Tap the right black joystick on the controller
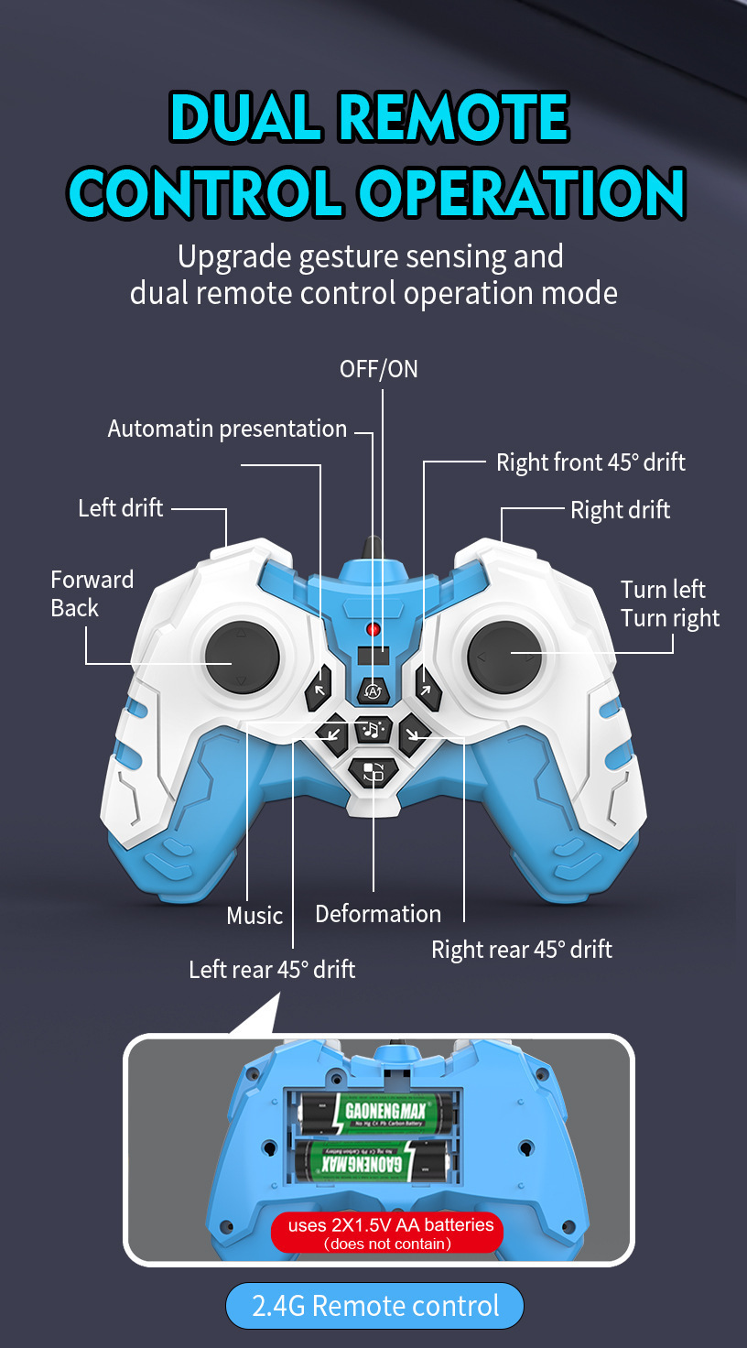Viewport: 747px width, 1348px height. pos(504,657)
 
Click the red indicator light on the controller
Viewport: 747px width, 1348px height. pos(373,629)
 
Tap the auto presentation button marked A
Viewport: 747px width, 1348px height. pos(372,690)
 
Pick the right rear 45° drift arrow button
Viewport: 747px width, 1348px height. pos(414,733)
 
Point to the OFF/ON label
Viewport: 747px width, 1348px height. pos(379,369)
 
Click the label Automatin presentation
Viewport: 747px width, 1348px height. pos(227,429)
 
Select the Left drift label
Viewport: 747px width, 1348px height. pos(120,508)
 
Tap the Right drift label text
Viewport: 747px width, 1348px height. pos(620,510)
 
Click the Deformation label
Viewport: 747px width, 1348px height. pos(378,914)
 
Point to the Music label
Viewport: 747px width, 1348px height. pos(254,916)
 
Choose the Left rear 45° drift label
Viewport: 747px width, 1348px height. pos(272,970)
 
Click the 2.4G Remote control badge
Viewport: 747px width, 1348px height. pos(374,1306)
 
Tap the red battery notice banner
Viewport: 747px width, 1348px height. pos(387,1233)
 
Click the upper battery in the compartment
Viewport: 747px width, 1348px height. pos(376,1114)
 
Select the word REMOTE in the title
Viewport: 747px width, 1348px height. pos(454,117)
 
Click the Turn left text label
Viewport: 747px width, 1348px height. pos(663,589)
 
